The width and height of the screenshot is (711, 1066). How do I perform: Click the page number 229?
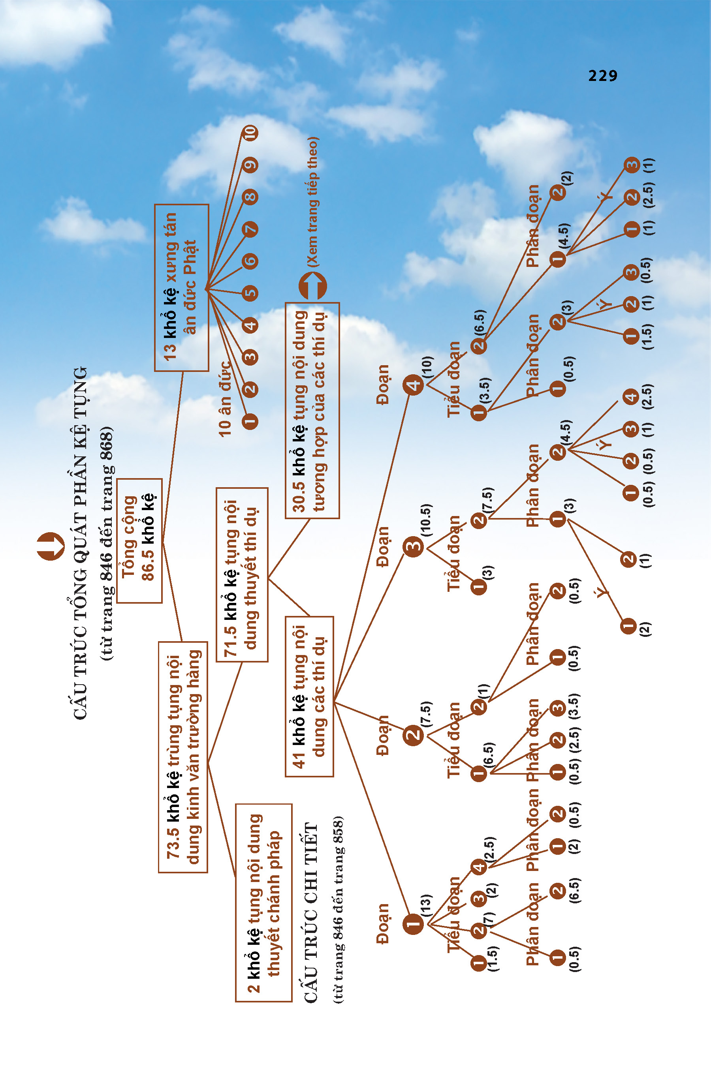tap(603, 76)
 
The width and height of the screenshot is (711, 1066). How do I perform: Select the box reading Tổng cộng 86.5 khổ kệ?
tap(139, 540)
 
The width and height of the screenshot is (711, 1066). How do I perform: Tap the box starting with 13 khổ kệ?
tap(181, 287)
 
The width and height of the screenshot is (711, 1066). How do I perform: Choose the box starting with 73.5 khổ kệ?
tap(183, 756)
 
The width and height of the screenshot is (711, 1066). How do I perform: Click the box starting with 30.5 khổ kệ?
tap(312, 410)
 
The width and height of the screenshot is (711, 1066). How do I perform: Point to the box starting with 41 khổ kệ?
tap(309, 696)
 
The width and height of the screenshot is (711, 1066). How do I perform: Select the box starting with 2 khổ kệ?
tap(263, 903)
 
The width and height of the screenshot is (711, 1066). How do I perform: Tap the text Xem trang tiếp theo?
tap(312, 202)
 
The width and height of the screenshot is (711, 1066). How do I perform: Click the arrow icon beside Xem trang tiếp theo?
tap(312, 286)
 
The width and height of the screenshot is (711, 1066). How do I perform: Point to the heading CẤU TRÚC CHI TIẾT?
tap(311, 912)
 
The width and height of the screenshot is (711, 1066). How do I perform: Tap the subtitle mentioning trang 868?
tap(107, 542)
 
